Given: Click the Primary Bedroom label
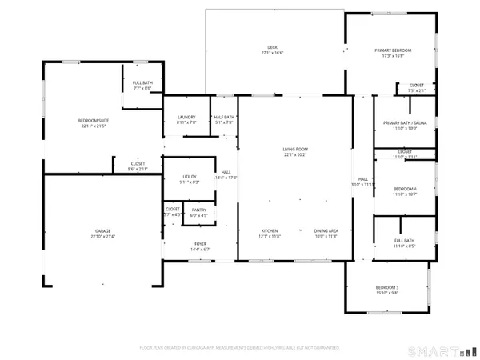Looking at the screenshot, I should click(x=393, y=50).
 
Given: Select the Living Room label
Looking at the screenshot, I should click(x=295, y=150).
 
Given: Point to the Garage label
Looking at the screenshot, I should click(x=103, y=231).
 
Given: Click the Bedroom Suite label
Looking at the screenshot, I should click(x=92, y=120).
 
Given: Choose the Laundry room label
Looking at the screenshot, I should click(x=186, y=117).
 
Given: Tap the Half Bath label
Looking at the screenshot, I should click(x=224, y=117).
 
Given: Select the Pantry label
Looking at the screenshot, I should click(x=198, y=210).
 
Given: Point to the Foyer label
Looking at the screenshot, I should click(x=200, y=244).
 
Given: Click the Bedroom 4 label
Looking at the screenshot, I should click(x=405, y=188).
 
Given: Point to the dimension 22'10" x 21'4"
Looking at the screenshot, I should click(x=103, y=237).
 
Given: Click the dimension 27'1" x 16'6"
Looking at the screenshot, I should click(x=273, y=53).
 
